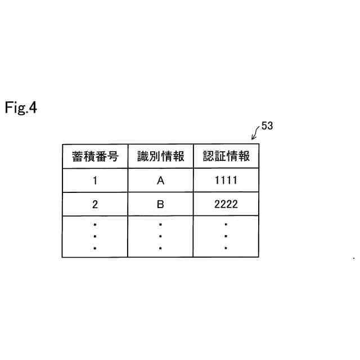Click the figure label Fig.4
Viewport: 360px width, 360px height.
tap(21, 107)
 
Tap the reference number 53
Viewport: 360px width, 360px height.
tap(267, 126)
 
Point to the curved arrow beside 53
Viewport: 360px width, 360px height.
tap(255, 133)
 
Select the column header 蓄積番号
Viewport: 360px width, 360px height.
tap(95, 156)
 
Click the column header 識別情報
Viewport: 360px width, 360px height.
tap(160, 156)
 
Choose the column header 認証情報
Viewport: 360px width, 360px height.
tap(226, 156)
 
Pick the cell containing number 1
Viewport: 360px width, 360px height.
tap(95, 181)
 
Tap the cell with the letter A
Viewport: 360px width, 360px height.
tap(160, 181)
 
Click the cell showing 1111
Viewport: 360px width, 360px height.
tap(226, 181)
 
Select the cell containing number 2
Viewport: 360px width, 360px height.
tap(95, 205)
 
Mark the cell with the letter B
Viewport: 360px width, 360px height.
tap(160, 205)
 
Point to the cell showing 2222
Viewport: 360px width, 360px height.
tap(226, 205)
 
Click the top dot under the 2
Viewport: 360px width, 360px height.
tap(95, 224)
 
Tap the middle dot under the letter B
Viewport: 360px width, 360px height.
tap(160, 236)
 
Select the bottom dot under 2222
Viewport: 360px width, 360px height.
tap(226, 247)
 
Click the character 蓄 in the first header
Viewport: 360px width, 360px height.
tap(78, 156)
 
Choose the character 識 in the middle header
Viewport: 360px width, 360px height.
tap(143, 156)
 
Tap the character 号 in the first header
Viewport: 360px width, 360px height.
tap(113, 156)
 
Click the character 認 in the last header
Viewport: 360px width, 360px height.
tap(209, 156)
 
